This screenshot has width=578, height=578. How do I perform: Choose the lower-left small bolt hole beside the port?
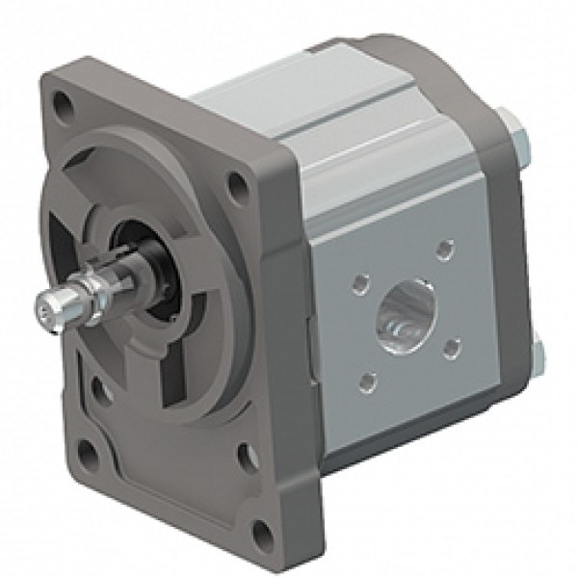point(365,383)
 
